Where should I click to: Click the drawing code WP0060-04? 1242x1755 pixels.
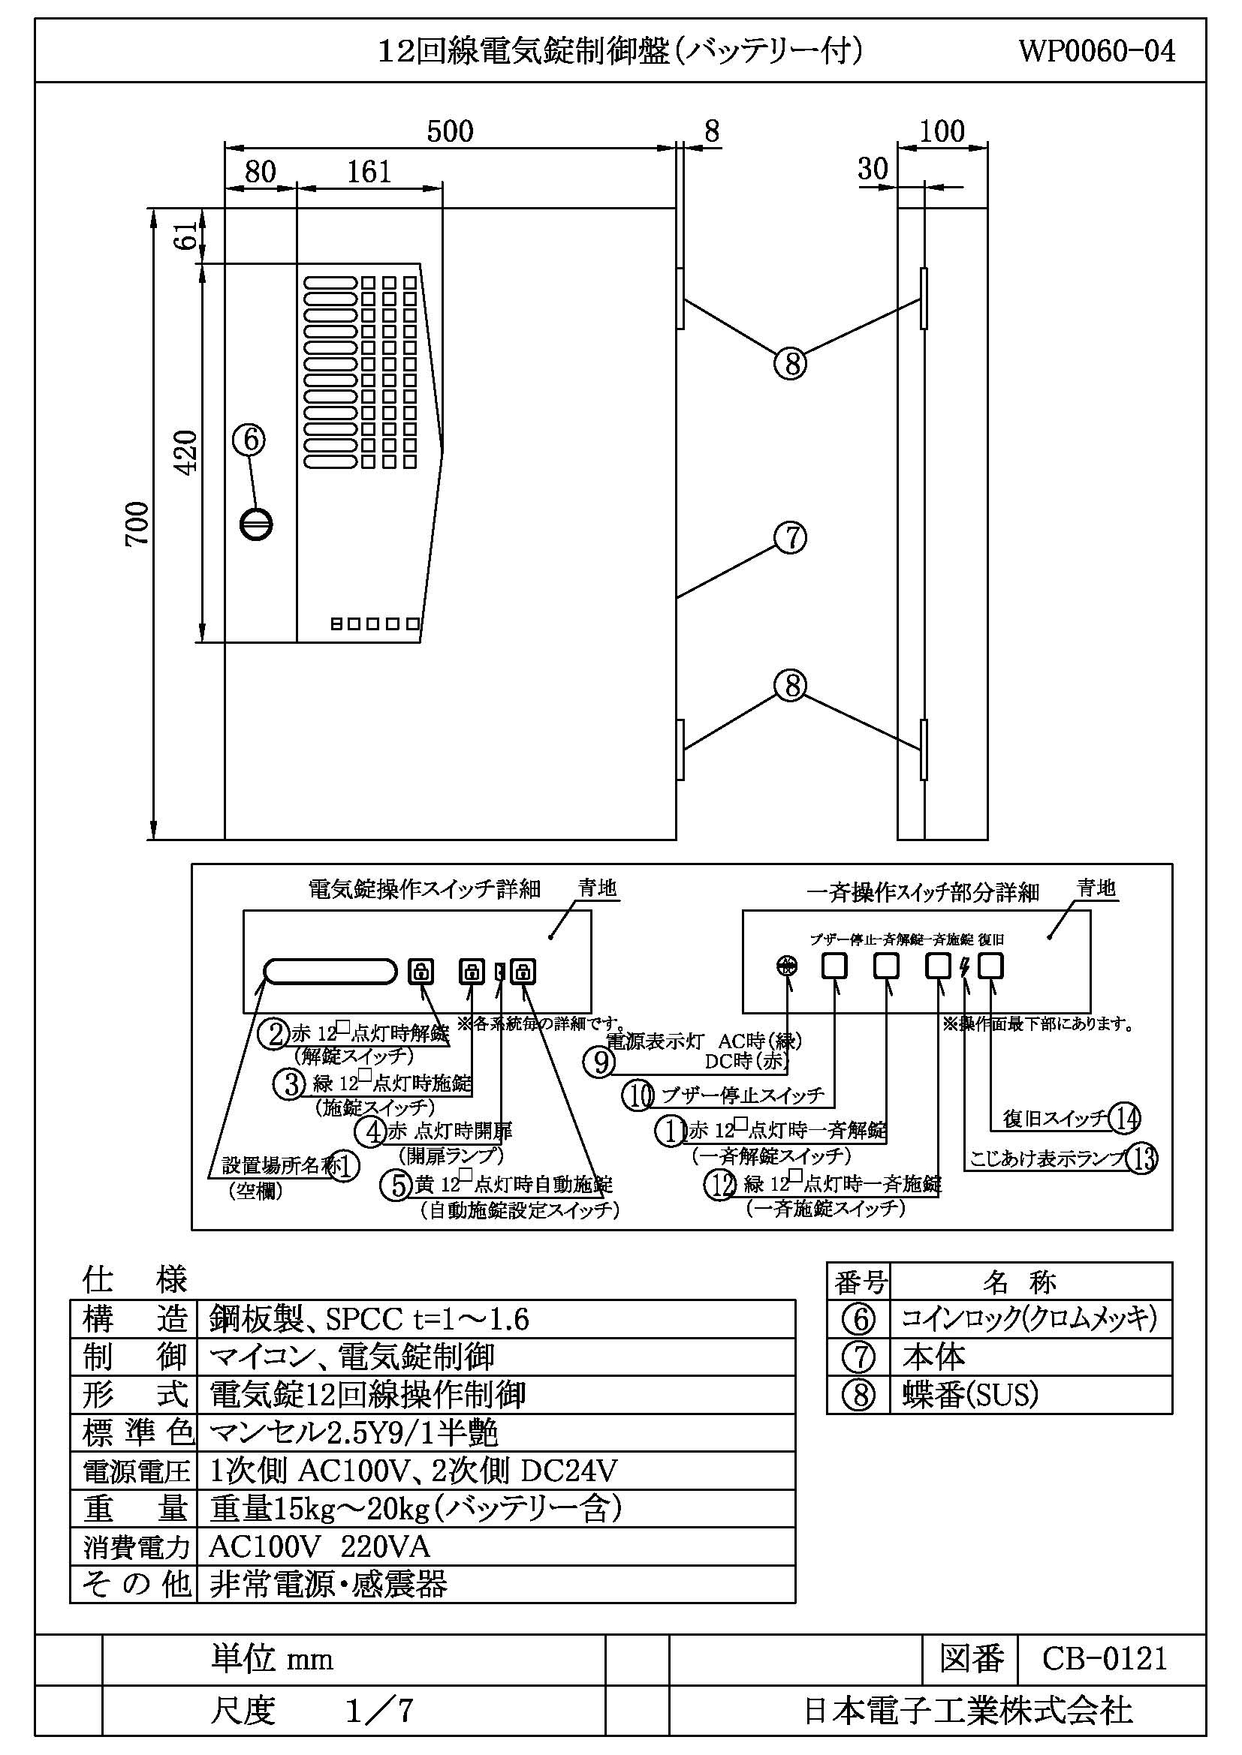tap(1096, 51)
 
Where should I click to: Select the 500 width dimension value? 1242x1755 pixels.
tap(450, 131)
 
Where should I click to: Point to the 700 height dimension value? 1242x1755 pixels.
tap(137, 524)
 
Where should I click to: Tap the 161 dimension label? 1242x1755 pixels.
tap(369, 171)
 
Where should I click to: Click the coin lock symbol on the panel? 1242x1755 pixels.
tap(255, 524)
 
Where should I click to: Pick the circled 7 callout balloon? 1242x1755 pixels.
tap(791, 537)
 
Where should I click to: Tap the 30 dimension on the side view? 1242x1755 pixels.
tap(873, 168)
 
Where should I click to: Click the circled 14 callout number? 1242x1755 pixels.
tap(1124, 1118)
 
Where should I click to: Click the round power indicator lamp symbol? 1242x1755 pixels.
tap(787, 966)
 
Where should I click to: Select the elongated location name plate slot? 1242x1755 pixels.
tap(330, 972)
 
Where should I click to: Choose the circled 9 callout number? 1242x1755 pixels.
tap(598, 1062)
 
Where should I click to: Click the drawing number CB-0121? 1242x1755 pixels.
tap(1105, 1659)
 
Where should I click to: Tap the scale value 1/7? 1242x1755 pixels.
tap(379, 1711)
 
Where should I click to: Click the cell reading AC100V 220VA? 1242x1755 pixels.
tap(319, 1547)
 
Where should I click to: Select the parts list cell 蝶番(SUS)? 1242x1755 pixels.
tap(969, 1395)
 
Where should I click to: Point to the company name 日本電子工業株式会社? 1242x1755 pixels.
tap(967, 1711)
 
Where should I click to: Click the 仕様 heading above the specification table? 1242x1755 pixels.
tap(134, 1279)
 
